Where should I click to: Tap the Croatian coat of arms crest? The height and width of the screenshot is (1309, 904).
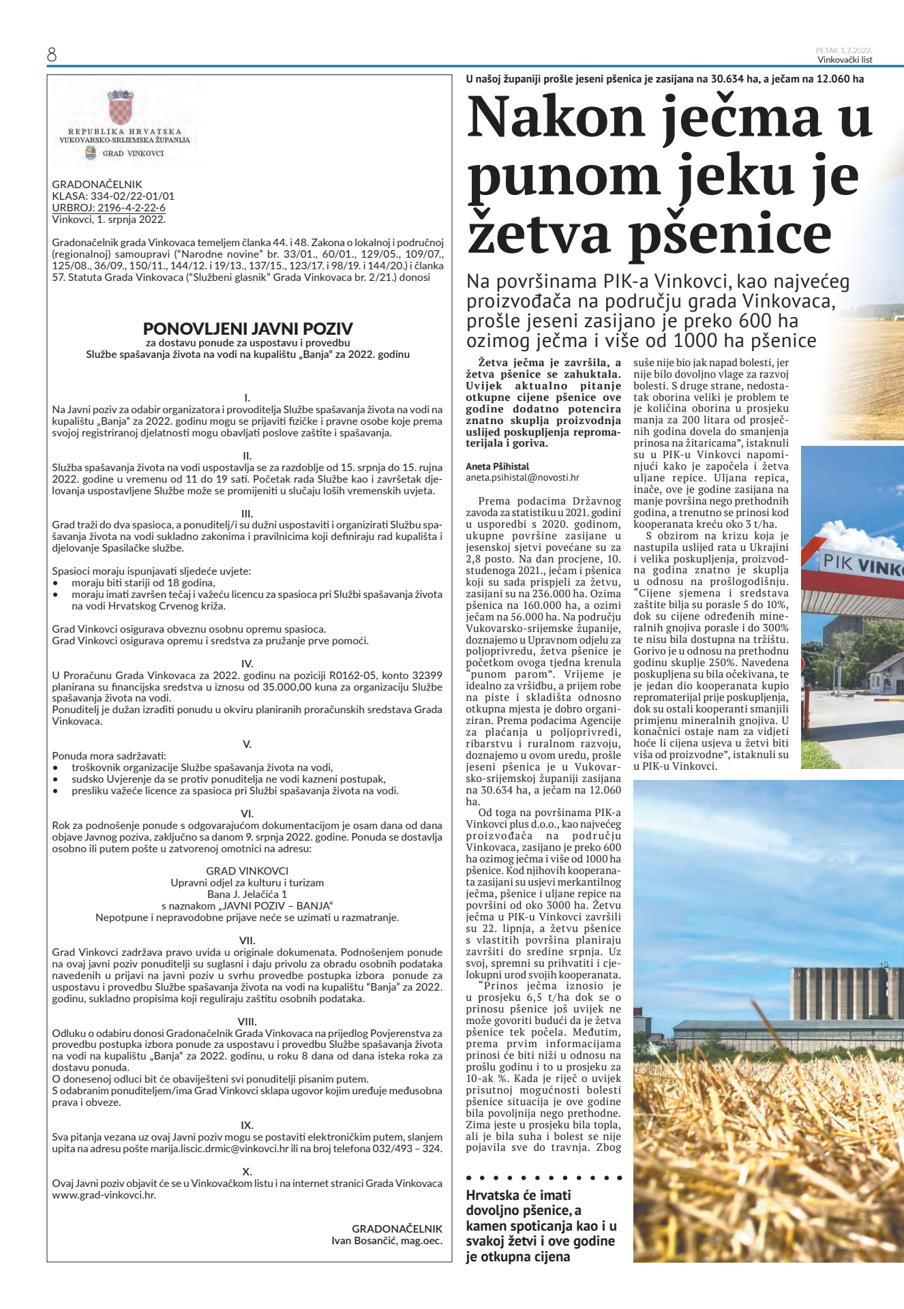pos(120,108)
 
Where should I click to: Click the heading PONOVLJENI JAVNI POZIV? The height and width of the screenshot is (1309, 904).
pos(247,329)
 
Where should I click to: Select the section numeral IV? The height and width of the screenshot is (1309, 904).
pos(247,663)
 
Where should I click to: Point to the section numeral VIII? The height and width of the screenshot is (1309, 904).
pos(247,1021)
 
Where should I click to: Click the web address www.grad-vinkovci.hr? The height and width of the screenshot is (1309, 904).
pos(104,1194)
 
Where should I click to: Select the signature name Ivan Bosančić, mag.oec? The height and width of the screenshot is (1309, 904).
pos(387,1240)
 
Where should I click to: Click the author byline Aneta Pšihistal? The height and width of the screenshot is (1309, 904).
pos(497,466)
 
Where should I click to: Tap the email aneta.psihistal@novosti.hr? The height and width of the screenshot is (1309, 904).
pos(522,478)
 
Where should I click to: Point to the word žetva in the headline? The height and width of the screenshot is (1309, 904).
pos(540,233)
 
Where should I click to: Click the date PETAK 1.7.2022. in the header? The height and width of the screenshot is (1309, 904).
pos(844,50)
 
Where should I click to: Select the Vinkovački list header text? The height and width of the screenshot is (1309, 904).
pos(845,60)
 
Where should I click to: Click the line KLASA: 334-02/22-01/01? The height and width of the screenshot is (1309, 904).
pos(113,196)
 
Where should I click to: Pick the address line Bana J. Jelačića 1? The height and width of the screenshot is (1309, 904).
pos(247,894)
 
